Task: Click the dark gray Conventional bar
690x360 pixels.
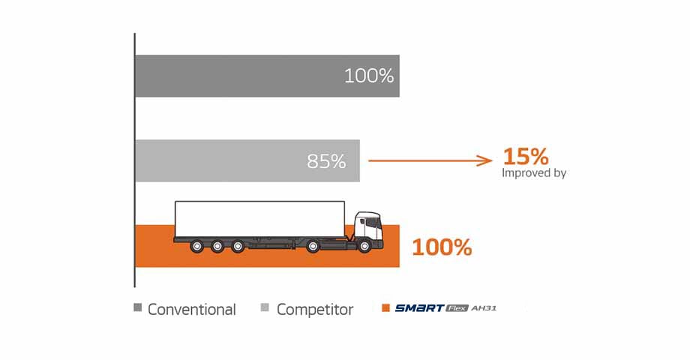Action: (240, 76)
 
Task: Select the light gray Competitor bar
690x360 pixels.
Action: (225, 160)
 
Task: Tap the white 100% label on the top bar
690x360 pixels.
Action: (369, 76)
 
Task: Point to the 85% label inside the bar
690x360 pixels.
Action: (326, 161)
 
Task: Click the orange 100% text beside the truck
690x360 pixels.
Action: (442, 247)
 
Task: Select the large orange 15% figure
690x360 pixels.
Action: (526, 157)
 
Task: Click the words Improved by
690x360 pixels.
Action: (534, 173)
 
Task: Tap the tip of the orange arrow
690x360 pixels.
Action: (491, 160)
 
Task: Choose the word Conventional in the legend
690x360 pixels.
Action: (192, 309)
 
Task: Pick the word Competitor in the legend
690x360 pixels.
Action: (315, 309)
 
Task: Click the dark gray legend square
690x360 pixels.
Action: (137, 308)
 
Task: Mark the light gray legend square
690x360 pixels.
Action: (265, 308)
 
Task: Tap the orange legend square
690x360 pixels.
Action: (386, 308)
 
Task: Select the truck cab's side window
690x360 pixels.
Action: (363, 221)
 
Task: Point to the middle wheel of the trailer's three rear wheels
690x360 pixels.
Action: (217, 245)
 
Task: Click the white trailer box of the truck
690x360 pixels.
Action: (259, 217)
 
